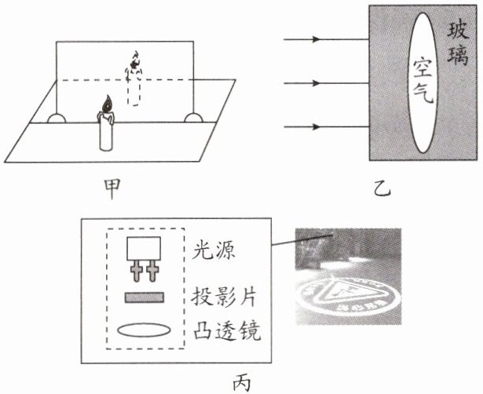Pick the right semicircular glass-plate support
[x=192, y=119]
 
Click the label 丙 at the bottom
[x=242, y=381]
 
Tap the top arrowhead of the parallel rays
[x=315, y=39]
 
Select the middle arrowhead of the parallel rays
[x=315, y=83]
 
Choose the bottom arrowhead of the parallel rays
[x=315, y=126]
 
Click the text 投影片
[x=224, y=298]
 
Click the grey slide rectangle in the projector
[x=144, y=298]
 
